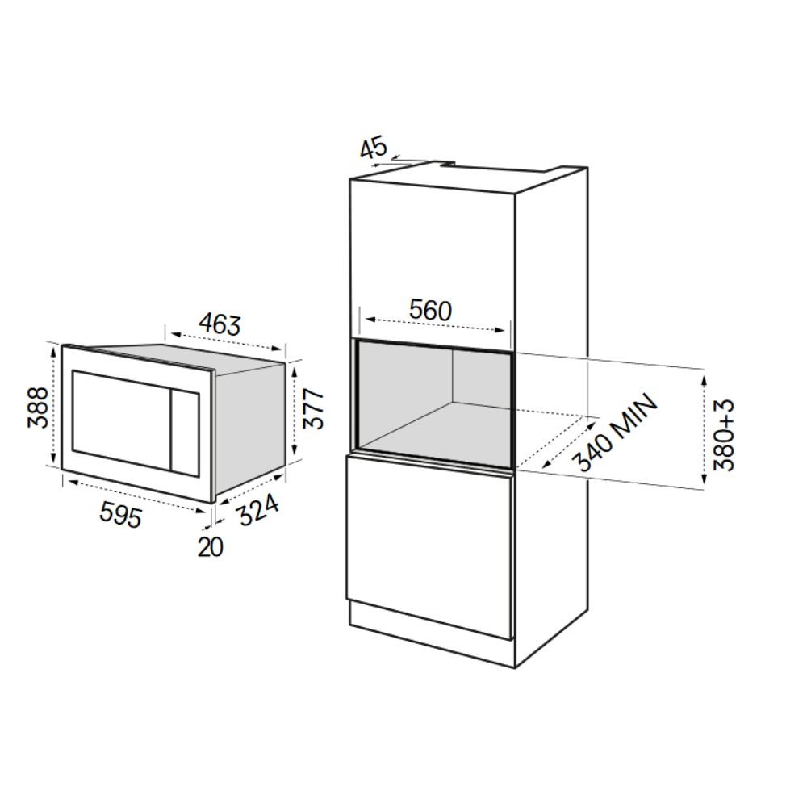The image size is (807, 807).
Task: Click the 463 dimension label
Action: pyautogui.click(x=220, y=324)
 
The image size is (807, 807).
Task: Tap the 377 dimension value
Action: pyautogui.click(x=313, y=409)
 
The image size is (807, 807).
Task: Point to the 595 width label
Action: pyautogui.click(x=120, y=514)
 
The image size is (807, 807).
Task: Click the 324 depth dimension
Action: pyautogui.click(x=259, y=509)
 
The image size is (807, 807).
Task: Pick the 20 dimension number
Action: pyautogui.click(x=211, y=547)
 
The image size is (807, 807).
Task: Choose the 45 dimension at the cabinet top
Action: pyautogui.click(x=373, y=148)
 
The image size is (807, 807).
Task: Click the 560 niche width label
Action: pyautogui.click(x=430, y=311)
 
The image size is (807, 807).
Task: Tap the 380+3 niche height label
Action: pyautogui.click(x=725, y=435)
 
